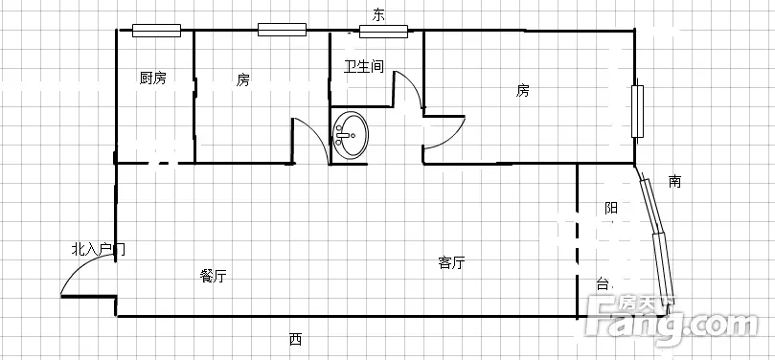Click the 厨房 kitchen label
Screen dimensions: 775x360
[152, 78]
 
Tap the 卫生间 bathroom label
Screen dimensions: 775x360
[364, 66]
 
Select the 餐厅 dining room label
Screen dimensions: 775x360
[213, 277]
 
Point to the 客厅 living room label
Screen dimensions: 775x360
[451, 262]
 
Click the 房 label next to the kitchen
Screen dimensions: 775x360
[242, 79]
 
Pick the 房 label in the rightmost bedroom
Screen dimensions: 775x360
[523, 91]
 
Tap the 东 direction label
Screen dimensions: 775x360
[378, 15]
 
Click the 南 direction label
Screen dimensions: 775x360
[674, 182]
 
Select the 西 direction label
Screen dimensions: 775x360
[295, 340]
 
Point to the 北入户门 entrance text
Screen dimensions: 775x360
[99, 249]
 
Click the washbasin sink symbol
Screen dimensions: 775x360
[351, 135]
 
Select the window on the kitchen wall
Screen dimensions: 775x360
[156, 31]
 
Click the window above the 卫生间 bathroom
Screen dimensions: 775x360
[383, 31]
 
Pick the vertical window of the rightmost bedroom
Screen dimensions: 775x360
[638, 111]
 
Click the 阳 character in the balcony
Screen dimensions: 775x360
[611, 208]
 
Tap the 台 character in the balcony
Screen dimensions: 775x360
[602, 284]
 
